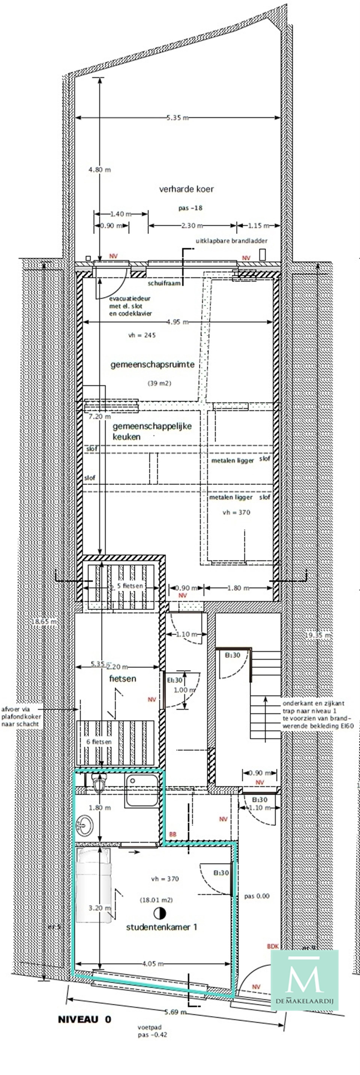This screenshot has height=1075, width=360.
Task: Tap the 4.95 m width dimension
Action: click(177, 322)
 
